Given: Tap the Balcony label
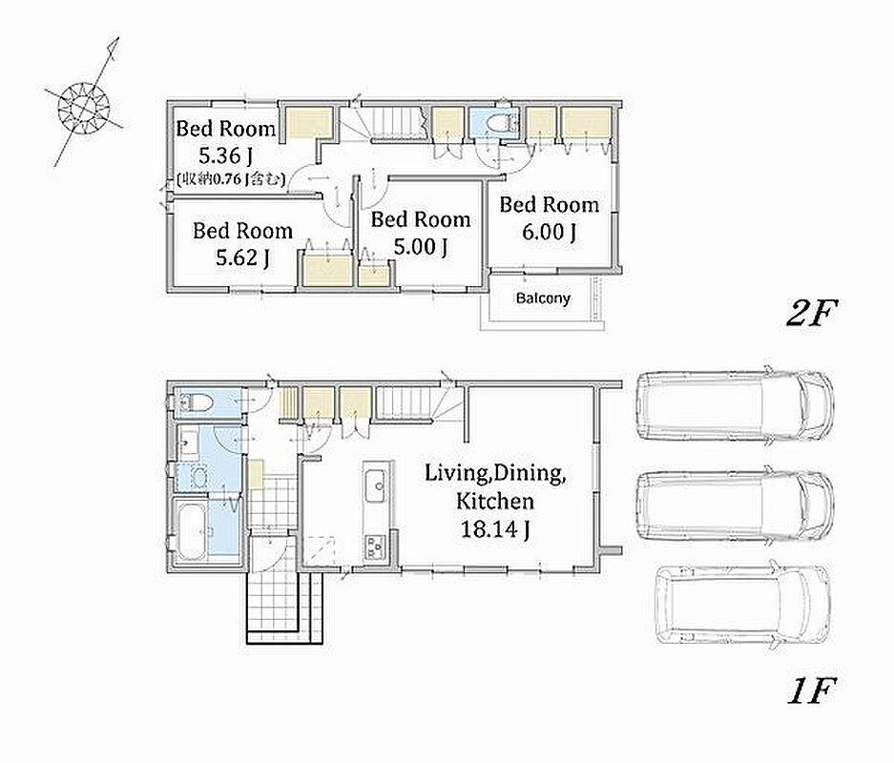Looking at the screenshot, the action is click(542, 298).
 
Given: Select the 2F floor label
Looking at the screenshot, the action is click(811, 313).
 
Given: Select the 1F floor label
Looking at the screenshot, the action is click(811, 691).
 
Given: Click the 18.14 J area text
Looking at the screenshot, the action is click(495, 529).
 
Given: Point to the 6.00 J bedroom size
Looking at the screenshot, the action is click(549, 232).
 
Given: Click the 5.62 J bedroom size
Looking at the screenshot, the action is click(242, 258).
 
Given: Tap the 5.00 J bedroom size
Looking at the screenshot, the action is click(420, 247).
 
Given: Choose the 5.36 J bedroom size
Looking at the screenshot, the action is click(226, 155).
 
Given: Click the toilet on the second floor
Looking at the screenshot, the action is click(502, 122).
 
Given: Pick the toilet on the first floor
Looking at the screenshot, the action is click(195, 403).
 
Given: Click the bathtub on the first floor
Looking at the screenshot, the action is click(193, 531).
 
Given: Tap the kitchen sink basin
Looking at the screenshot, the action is click(376, 485).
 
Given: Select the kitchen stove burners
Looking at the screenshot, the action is click(375, 547).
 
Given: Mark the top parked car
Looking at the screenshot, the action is click(735, 405).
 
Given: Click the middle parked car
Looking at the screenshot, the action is click(735, 504).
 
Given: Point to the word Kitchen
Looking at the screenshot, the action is click(495, 502).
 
